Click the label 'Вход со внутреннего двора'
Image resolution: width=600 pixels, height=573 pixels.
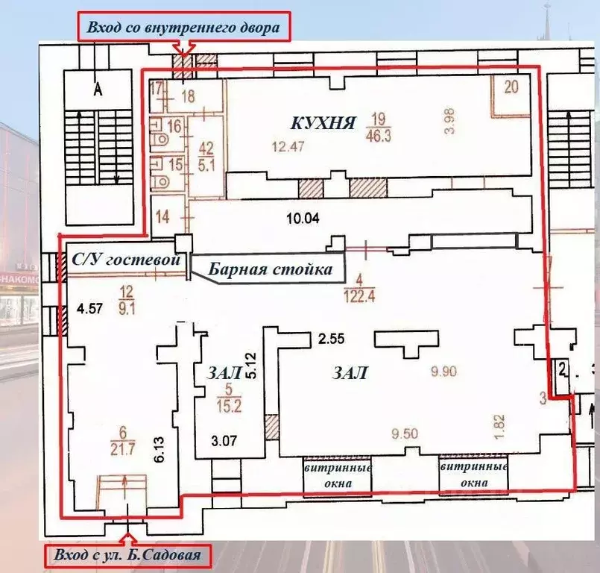click(x=183, y=28)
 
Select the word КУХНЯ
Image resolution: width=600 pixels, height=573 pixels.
click(x=323, y=122)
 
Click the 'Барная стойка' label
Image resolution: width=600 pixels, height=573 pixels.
click(x=270, y=269)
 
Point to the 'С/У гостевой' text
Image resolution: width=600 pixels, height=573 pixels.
click(x=127, y=260)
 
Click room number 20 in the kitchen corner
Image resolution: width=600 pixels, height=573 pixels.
click(x=511, y=87)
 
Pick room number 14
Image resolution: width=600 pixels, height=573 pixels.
click(x=163, y=217)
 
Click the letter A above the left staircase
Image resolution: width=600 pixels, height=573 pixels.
click(x=96, y=90)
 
